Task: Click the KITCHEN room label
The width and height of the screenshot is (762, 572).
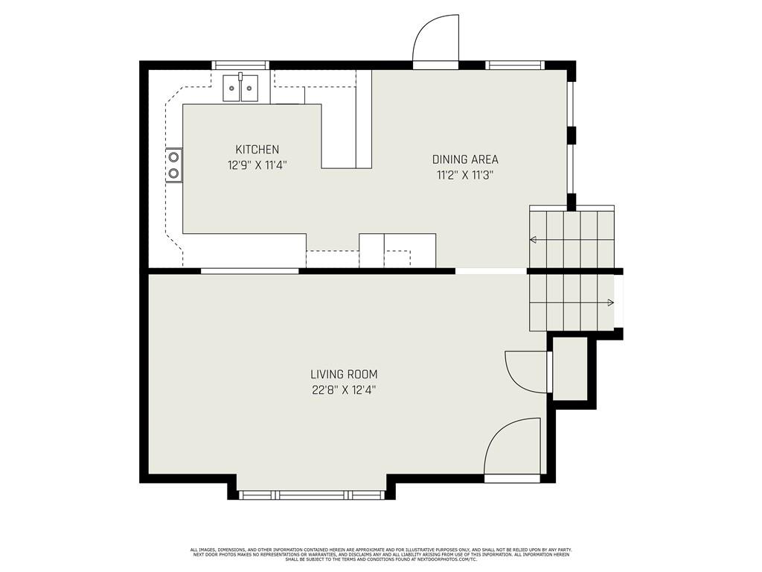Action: coord(257,150)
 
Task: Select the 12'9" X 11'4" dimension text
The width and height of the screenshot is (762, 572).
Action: coord(257,165)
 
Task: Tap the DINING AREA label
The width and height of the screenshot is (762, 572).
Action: coord(465,159)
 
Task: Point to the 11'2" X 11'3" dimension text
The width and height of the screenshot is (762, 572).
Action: coord(465,175)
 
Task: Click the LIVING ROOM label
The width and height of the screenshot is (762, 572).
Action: coord(345,375)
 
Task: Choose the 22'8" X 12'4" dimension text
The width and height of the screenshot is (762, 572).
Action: coord(345,390)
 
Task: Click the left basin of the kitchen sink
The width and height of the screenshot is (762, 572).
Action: coord(232,89)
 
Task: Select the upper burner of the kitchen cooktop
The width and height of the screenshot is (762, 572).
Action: coord(173,157)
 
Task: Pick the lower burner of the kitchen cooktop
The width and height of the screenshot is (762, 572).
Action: coord(173,174)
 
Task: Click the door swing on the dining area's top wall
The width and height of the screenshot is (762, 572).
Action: coord(435,41)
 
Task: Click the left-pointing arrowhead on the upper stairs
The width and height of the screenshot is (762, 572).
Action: coord(533,240)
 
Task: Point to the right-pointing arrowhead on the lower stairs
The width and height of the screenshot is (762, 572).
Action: coord(610,302)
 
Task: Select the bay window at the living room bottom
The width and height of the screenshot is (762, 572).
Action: coord(311,495)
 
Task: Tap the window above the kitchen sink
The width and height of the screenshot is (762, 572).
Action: coord(240,66)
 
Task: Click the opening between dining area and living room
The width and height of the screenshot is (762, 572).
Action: coord(491,271)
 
